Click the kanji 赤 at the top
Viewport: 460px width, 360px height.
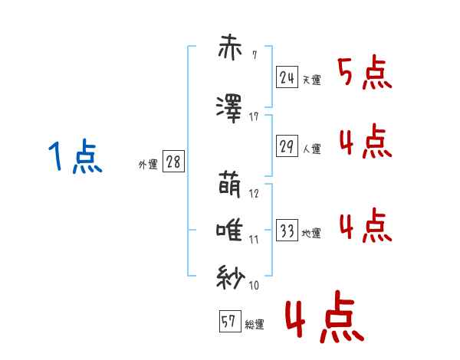click(x=230, y=47)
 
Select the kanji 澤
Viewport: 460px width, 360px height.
click(x=228, y=109)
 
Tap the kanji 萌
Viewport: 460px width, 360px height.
click(x=230, y=185)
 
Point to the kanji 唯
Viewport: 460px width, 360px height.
click(x=229, y=231)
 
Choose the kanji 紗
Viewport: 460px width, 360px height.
click(x=230, y=277)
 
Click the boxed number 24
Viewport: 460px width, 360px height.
click(x=287, y=77)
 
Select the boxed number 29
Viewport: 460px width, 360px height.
click(x=287, y=146)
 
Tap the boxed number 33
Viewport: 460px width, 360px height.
click(x=287, y=230)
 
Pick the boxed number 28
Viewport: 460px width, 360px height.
click(x=173, y=162)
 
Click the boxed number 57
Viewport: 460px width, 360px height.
click(x=230, y=321)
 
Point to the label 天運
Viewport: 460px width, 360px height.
click(x=311, y=80)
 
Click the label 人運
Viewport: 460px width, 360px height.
click(x=311, y=149)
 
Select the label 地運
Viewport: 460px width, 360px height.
click(x=311, y=234)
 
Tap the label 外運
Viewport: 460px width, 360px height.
click(x=148, y=165)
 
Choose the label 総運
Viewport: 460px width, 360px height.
click(x=255, y=325)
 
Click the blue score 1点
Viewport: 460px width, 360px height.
click(x=75, y=156)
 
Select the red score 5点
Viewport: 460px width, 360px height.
click(x=365, y=72)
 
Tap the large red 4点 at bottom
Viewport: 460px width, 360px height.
click(x=325, y=316)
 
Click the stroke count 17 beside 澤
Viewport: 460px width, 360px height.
click(x=254, y=117)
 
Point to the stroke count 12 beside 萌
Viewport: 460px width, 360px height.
click(x=254, y=194)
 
